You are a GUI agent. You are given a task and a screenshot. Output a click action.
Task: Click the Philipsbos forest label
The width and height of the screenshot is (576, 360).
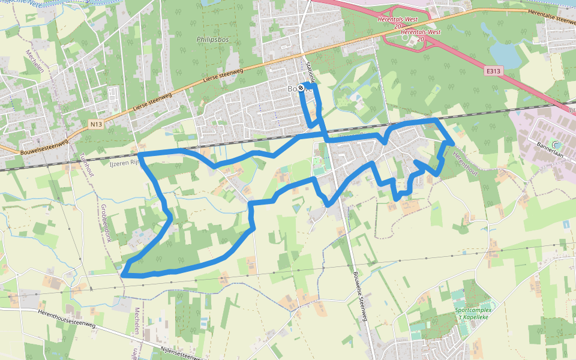click(213, 40)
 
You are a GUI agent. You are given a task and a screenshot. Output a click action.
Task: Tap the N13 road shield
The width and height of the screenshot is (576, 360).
click(95, 124)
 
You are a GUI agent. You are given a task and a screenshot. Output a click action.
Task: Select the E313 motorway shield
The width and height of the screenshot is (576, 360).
click(493, 71)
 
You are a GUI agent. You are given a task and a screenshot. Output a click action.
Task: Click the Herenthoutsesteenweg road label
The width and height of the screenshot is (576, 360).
click(66, 318)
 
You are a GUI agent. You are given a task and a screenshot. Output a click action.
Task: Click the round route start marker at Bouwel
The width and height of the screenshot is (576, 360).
click(301, 88)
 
